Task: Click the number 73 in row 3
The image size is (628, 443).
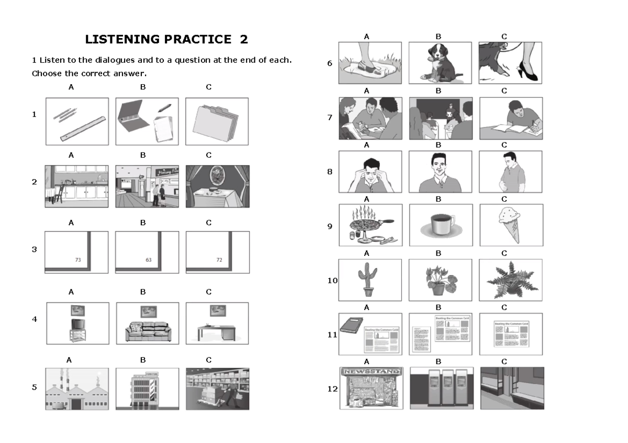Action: click(x=78, y=259)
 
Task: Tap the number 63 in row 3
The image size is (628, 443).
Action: click(x=148, y=259)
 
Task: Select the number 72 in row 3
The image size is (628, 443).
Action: click(x=219, y=259)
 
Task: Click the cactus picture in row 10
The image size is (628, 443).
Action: click(x=367, y=281)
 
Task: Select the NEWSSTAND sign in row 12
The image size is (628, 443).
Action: click(x=371, y=371)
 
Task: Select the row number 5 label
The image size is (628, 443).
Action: click(x=35, y=388)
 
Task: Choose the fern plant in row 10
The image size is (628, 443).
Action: click(x=510, y=279)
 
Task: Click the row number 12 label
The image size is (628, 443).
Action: click(x=332, y=389)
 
